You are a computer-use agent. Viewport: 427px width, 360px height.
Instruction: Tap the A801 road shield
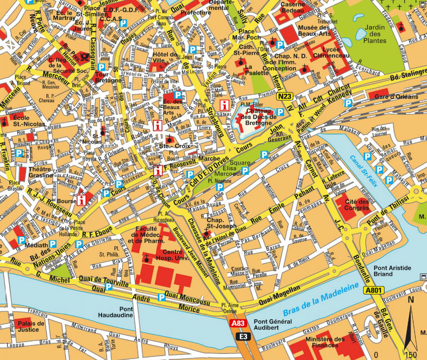pos(374,290)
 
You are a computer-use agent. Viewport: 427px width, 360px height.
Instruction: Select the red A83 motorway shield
pos(238,324)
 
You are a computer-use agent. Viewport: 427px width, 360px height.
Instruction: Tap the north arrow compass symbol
pos(411,322)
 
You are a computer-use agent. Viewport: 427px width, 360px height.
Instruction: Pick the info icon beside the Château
pos(226,105)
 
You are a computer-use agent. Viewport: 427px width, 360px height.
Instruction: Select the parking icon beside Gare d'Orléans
pos(348,102)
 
